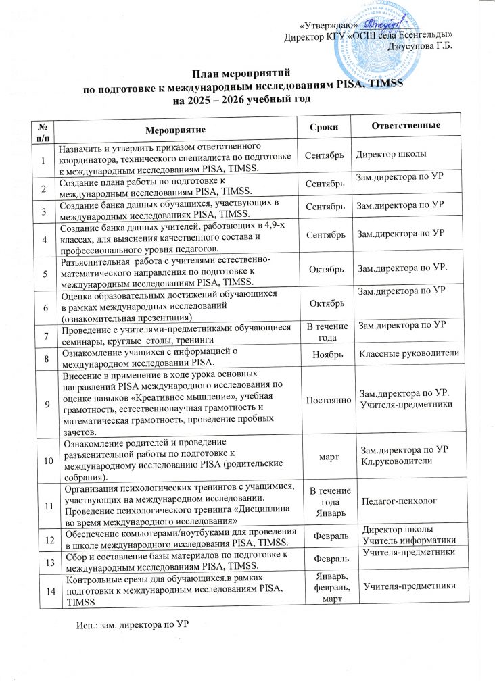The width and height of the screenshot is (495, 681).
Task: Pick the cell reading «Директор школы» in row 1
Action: pyautogui.click(x=391, y=155)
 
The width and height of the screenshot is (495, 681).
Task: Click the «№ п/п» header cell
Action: pyautogui.click(x=45, y=126)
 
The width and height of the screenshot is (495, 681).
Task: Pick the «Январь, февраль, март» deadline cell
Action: pyautogui.click(x=323, y=590)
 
